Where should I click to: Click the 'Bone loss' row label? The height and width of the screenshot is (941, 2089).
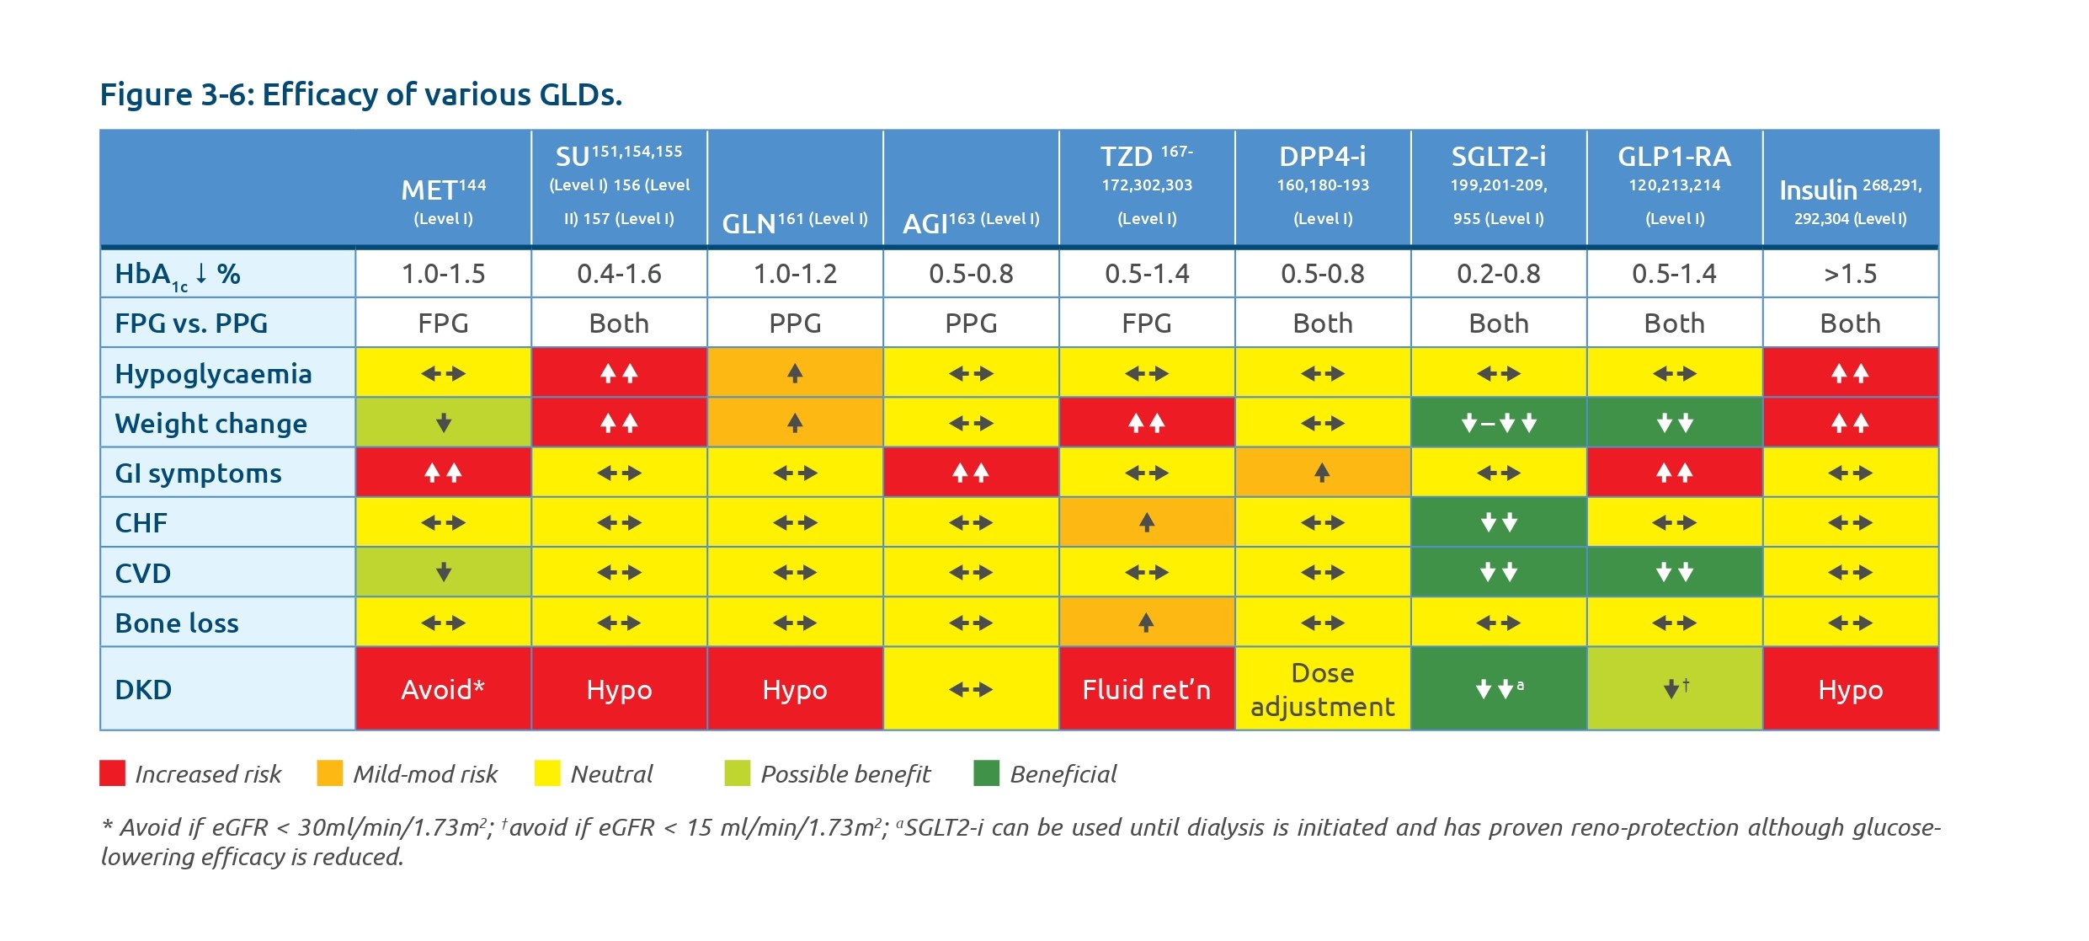(x=177, y=623)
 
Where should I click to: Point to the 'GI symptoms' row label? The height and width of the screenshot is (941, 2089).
(x=198, y=473)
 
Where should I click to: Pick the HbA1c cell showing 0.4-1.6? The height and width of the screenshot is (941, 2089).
(x=619, y=274)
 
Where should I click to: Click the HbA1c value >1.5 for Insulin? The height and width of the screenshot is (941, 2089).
(x=1850, y=274)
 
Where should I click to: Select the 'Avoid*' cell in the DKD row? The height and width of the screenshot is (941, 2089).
(x=443, y=689)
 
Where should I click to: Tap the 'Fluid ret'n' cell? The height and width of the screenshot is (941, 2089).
(x=1146, y=689)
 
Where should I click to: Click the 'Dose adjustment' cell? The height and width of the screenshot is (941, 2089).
(x=1322, y=689)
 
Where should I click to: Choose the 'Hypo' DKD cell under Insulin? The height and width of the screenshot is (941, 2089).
(x=1850, y=689)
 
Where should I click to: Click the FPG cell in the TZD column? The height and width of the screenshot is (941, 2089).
(x=1146, y=323)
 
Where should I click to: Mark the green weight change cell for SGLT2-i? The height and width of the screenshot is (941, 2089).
(x=1498, y=423)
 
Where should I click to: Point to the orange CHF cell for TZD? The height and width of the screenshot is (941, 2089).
(x=1146, y=522)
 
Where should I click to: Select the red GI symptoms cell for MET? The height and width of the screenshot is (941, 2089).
(x=443, y=473)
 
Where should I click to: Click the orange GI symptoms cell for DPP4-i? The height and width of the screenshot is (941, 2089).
(x=1322, y=473)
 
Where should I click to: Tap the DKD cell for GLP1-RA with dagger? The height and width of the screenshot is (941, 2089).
(x=1674, y=689)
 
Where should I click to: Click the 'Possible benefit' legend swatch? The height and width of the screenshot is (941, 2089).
(x=737, y=773)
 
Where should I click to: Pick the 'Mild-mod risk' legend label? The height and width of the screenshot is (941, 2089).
(x=424, y=774)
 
